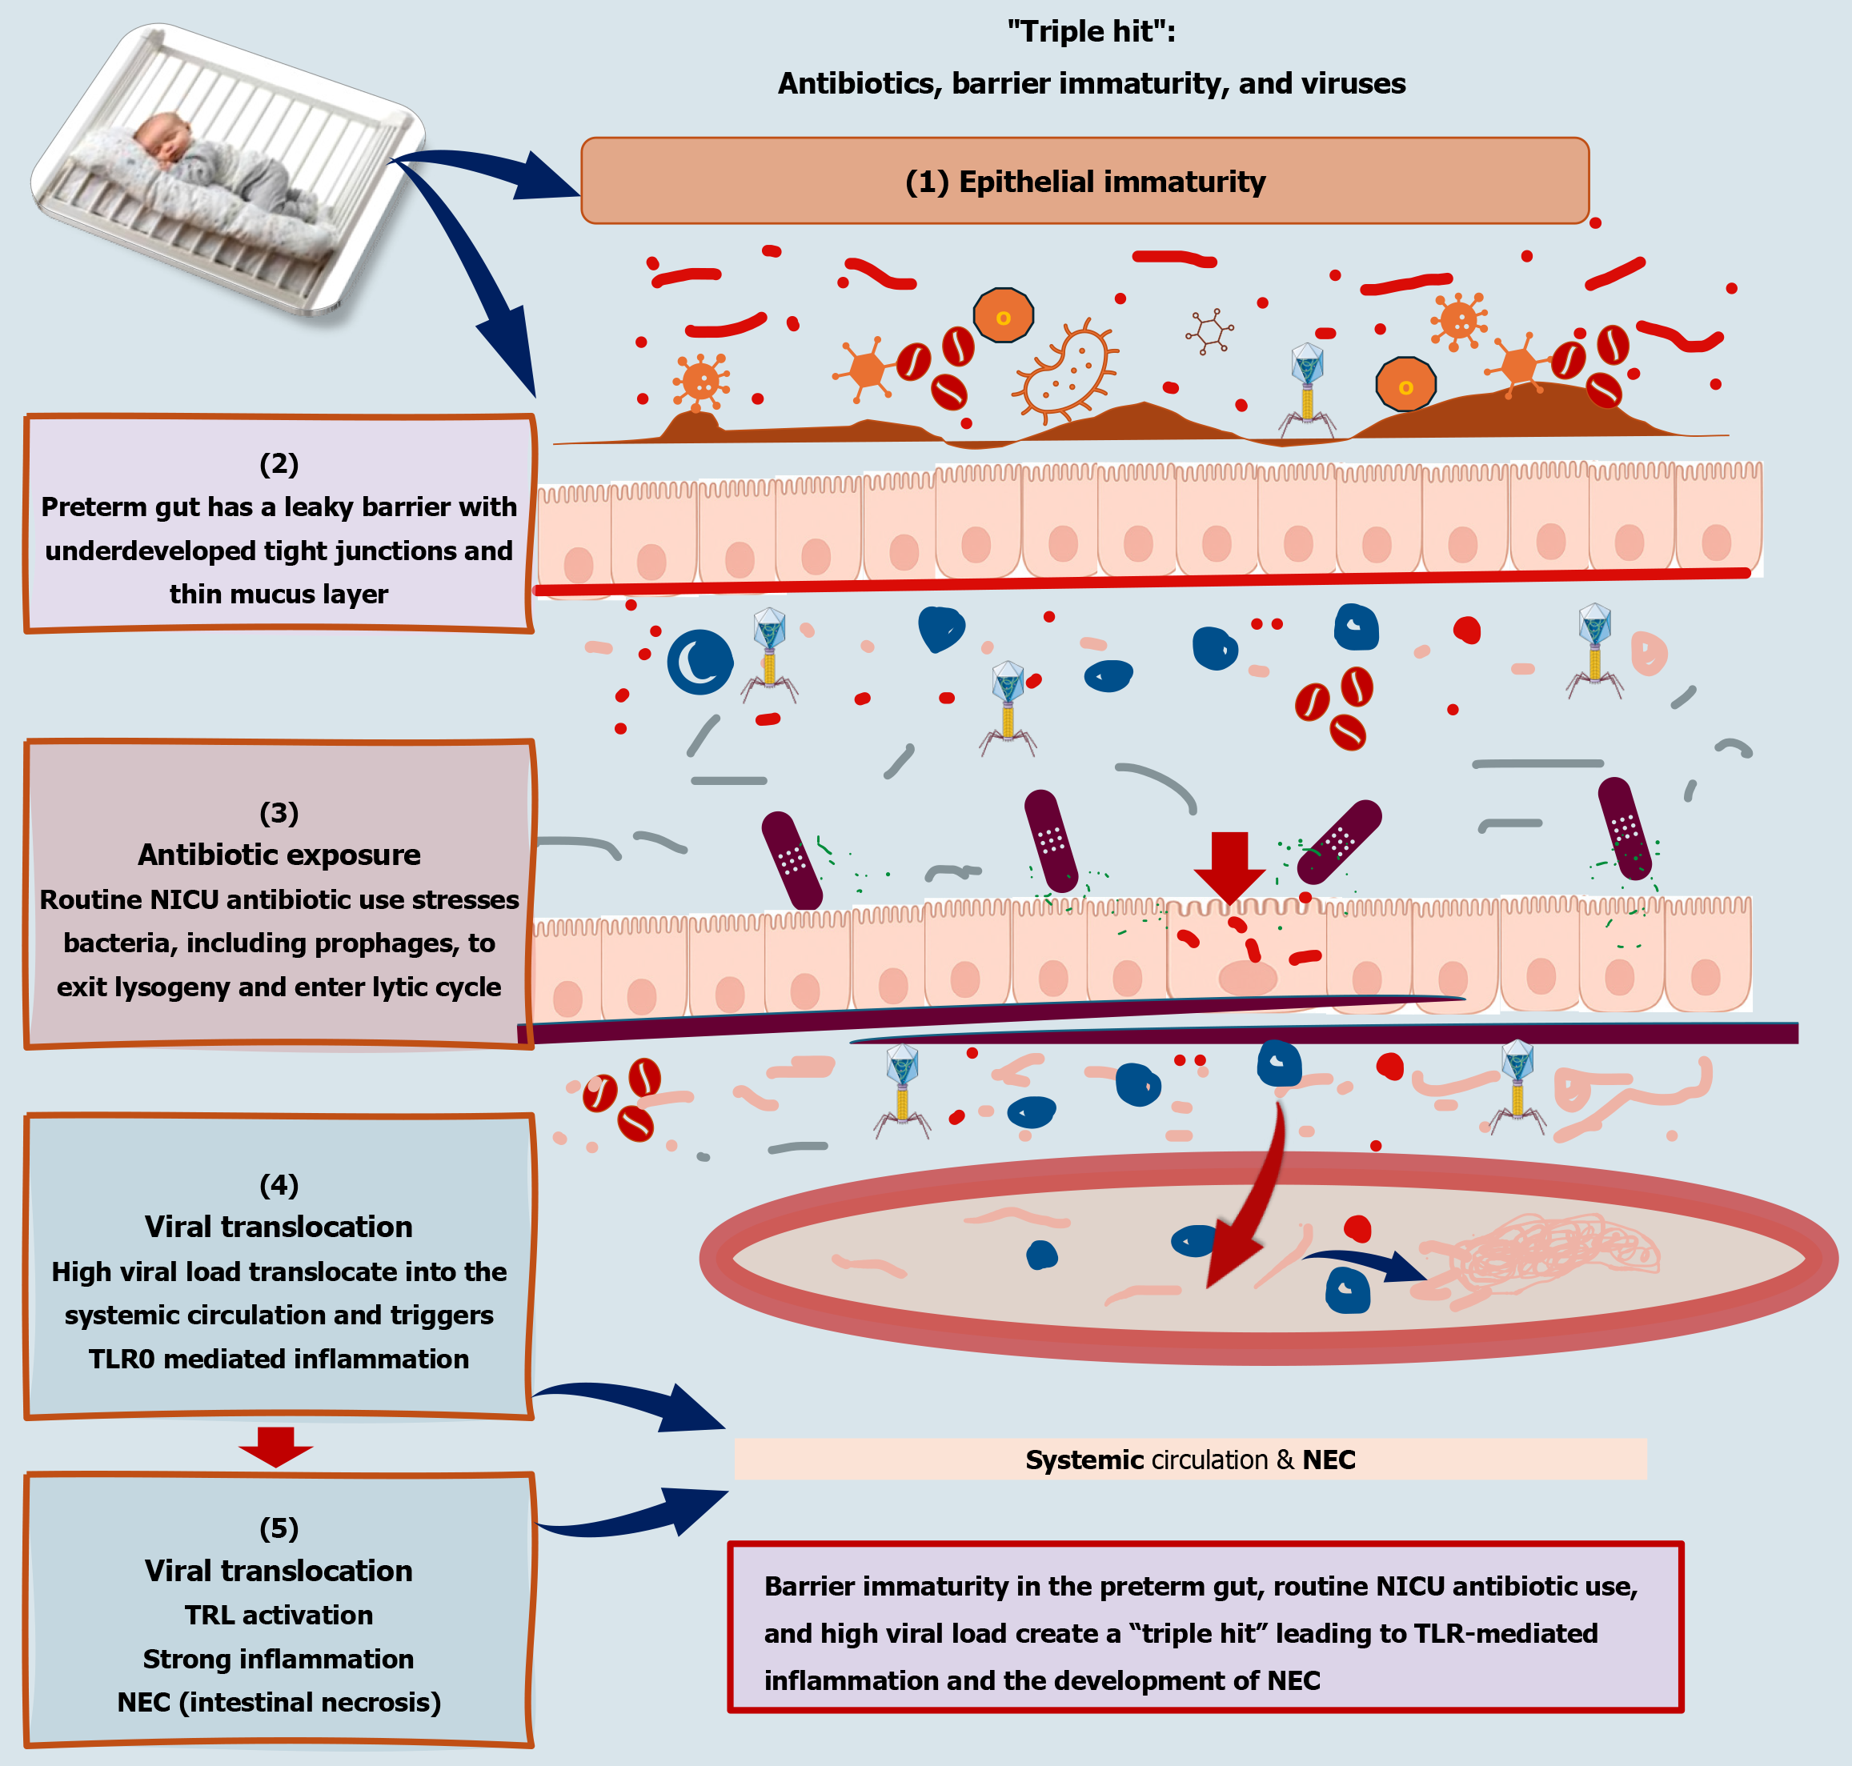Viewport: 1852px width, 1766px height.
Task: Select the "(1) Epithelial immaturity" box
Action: coord(1084,181)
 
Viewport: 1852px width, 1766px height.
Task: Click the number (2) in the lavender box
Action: coord(279,463)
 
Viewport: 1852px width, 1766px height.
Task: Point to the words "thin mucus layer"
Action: coord(279,594)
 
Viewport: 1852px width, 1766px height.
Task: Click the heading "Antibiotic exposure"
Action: coord(279,854)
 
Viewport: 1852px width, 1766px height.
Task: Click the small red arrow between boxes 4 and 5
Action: coord(275,1446)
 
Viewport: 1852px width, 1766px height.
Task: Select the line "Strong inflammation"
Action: coord(279,1659)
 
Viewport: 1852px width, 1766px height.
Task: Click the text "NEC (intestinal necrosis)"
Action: coord(279,1702)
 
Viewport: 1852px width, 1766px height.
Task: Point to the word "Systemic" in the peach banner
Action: coord(1084,1460)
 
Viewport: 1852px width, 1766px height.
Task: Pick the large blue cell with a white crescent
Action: coord(700,662)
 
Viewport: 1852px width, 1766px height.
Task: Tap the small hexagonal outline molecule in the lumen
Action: coord(1209,331)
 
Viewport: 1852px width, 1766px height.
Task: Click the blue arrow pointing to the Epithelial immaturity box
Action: coord(490,170)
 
